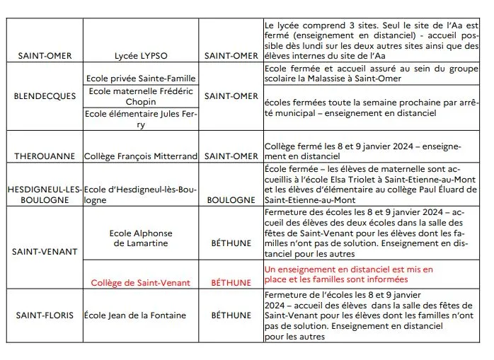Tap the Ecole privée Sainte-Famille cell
tap(141, 79)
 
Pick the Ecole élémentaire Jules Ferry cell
tap(141, 119)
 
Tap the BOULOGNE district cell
tap(231, 200)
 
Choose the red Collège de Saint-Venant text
tap(140, 283)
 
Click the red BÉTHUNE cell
tap(231, 283)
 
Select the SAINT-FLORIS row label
tap(45, 315)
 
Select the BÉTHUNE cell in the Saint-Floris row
tap(231, 315)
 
